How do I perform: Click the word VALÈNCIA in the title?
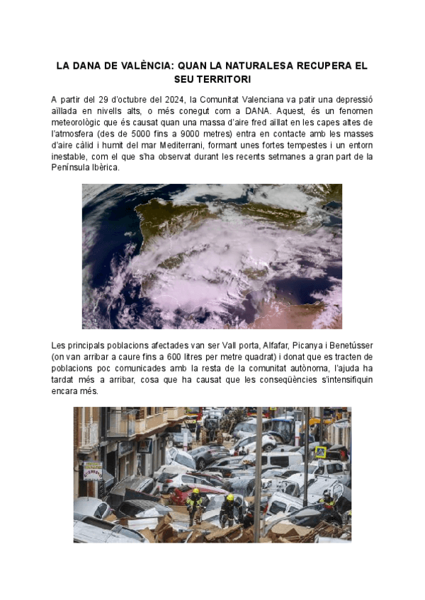(148, 66)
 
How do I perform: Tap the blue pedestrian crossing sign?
(320, 451)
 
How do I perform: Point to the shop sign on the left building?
(92, 471)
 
